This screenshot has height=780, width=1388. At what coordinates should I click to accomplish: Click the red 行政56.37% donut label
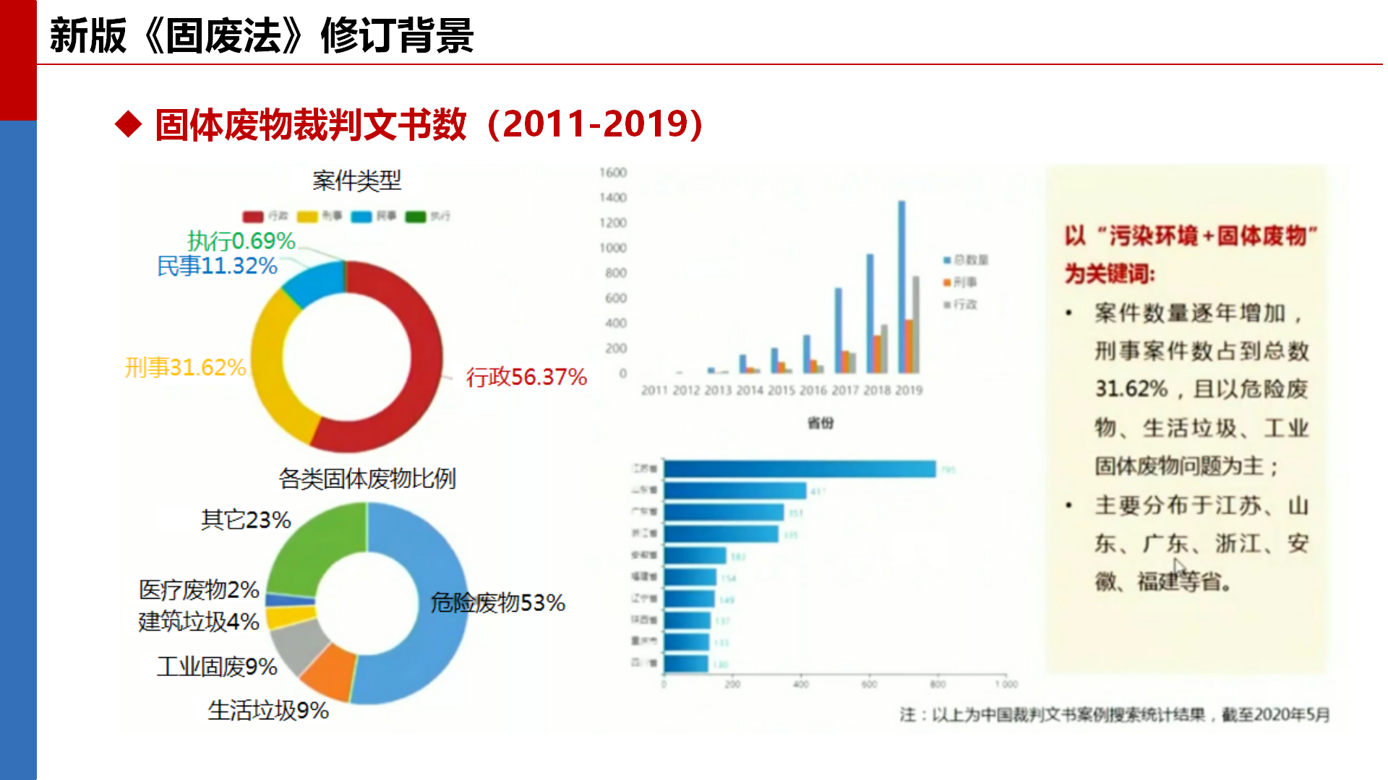pyautogui.click(x=526, y=377)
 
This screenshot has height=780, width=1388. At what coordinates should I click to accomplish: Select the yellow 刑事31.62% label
pyautogui.click(x=185, y=368)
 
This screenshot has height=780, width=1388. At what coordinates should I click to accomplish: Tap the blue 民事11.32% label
pyautogui.click(x=217, y=266)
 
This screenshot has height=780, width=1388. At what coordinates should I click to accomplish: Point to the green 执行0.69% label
pyautogui.click(x=241, y=240)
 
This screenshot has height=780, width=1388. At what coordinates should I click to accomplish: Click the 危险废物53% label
pyautogui.click(x=497, y=602)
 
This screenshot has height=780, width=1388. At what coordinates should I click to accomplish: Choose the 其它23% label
pyautogui.click(x=246, y=519)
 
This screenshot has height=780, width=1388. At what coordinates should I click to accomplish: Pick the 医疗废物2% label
pyautogui.click(x=199, y=589)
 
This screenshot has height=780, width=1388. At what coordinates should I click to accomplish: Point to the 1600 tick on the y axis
pyautogui.click(x=612, y=173)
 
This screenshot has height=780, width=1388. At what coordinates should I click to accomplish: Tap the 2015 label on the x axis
pyautogui.click(x=781, y=391)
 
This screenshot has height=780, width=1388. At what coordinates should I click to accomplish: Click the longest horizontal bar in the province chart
pyautogui.click(x=799, y=469)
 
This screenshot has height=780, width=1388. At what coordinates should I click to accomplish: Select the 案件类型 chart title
pyautogui.click(x=356, y=181)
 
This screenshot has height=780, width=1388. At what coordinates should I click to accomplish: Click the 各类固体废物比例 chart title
pyautogui.click(x=367, y=478)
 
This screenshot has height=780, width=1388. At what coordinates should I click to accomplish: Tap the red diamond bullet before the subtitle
pyautogui.click(x=129, y=123)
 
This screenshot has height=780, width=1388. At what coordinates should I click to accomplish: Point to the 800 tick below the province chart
pyautogui.click(x=938, y=684)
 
